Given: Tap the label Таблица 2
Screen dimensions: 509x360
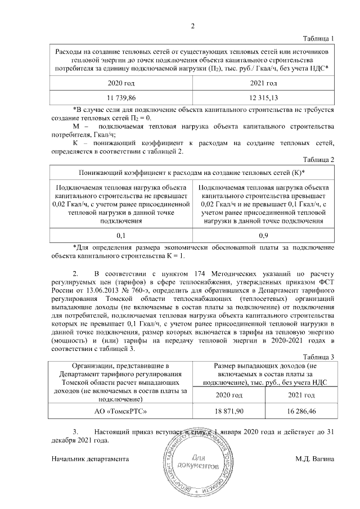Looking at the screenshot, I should tap(318, 160).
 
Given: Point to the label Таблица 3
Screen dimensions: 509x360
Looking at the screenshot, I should tap(318, 357).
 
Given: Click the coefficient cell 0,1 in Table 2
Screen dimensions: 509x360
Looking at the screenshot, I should tap(121, 236).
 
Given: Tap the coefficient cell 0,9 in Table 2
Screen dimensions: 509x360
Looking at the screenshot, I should tap(263, 236).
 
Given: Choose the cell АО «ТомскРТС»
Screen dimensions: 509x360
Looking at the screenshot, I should tap(121, 412).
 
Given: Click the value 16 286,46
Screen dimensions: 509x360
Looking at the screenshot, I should tap(300, 412).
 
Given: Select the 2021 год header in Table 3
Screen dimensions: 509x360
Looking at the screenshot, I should tap(300, 396).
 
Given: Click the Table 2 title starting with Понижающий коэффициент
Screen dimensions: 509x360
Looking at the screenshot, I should tap(192, 172).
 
